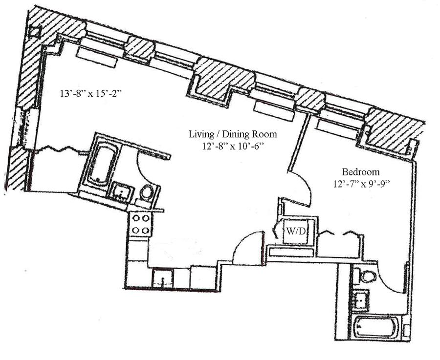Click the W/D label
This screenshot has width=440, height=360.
[x=295, y=232]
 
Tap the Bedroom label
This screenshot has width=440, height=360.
[x=361, y=171]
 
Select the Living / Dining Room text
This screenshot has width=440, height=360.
[x=233, y=134]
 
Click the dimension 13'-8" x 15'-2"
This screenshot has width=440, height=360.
[x=90, y=93]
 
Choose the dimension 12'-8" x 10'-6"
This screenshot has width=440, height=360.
[x=234, y=146]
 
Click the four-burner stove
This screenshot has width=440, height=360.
[x=141, y=224]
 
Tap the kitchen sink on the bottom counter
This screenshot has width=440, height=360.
[x=163, y=278]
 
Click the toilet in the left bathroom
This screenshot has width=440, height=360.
[x=147, y=192]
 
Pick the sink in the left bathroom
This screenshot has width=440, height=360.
[x=122, y=192]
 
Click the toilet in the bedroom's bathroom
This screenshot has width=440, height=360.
[x=368, y=276]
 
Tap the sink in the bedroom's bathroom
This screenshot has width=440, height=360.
[x=360, y=300]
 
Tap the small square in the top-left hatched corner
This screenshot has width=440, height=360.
[x=36, y=32]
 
